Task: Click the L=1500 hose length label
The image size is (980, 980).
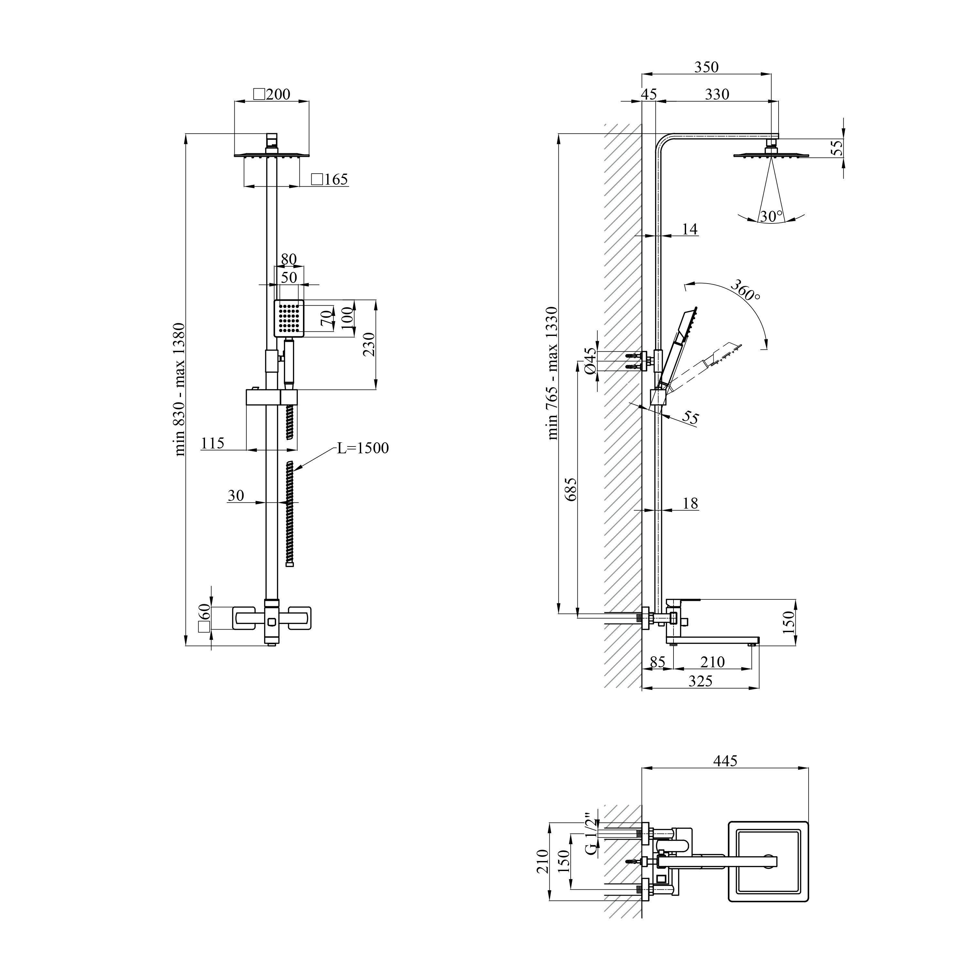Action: coord(363,448)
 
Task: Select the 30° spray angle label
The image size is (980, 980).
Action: coord(771,217)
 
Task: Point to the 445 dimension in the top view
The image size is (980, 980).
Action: coord(725,775)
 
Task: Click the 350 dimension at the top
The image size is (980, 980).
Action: coord(706,67)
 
